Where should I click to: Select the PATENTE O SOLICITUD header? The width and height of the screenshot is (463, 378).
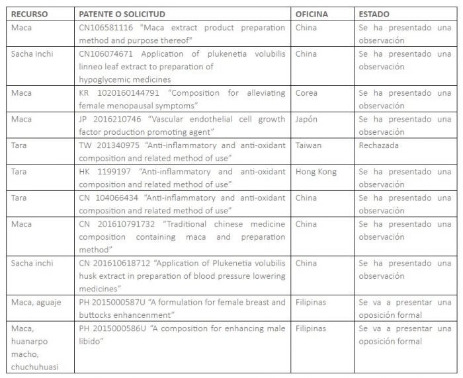[122, 14]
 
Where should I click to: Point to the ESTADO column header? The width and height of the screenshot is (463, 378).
[374, 14]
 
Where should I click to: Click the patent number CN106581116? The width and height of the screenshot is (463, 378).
[106, 28]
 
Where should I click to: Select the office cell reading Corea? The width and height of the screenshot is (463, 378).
[307, 93]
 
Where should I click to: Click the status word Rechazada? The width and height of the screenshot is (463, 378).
[379, 145]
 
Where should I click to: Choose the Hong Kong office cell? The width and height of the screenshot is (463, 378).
[316, 171]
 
